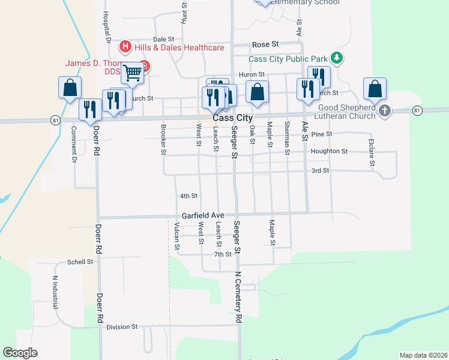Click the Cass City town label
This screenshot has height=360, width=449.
coord(233,119)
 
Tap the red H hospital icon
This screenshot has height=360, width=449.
coord(125,46)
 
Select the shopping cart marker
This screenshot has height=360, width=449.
coord(132,73)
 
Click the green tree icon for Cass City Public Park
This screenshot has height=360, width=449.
coord(338,58)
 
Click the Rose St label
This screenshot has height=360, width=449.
coord(265,44)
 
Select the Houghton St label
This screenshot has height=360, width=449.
coord(329,152)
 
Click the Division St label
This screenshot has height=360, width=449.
coord(122,327)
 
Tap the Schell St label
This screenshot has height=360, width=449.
coord(80,262)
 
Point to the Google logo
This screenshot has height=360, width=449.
coord(20,353)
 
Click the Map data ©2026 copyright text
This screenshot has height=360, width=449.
coord(423,355)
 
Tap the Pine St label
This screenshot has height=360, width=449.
coord(322,134)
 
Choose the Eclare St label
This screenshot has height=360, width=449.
coord(372,153)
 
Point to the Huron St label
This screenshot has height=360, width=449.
coord(252,74)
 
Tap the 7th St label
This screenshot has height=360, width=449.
coord(223,254)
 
